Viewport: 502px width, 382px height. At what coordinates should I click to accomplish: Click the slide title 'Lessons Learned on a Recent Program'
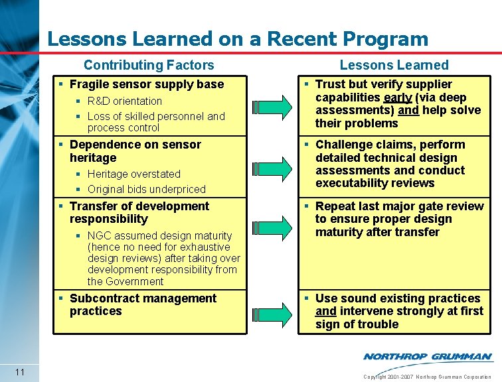[238, 38]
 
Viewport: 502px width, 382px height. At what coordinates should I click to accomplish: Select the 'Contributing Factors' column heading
[149, 65]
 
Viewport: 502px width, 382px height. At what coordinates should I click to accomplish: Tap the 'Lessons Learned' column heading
[394, 65]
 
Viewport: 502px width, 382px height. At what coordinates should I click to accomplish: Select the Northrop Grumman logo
[427, 357]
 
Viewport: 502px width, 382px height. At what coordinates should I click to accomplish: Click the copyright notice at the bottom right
[427, 377]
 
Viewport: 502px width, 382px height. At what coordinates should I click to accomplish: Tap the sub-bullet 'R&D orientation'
[125, 101]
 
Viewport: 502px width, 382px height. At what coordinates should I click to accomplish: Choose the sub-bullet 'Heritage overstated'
[134, 174]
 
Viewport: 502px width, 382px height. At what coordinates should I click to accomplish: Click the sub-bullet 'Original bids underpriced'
[146, 189]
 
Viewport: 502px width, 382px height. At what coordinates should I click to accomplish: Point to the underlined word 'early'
[398, 97]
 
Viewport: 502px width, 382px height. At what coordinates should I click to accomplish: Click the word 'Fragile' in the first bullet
[90, 84]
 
